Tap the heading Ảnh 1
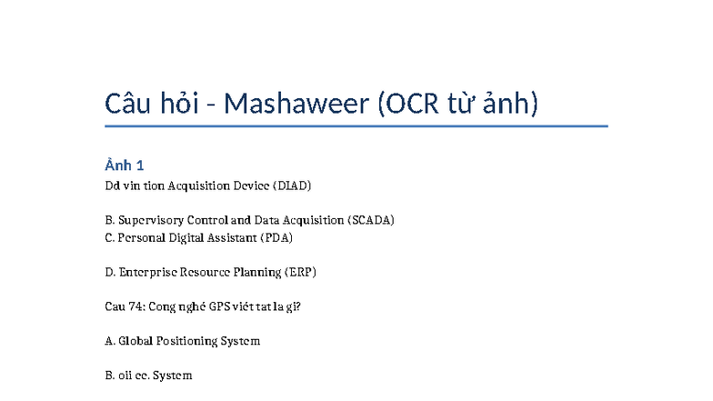point(125,165)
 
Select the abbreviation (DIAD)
point(291,185)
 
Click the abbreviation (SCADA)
point(371,220)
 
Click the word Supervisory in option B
point(151,220)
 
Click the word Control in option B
point(208,220)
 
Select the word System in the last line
point(173,376)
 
